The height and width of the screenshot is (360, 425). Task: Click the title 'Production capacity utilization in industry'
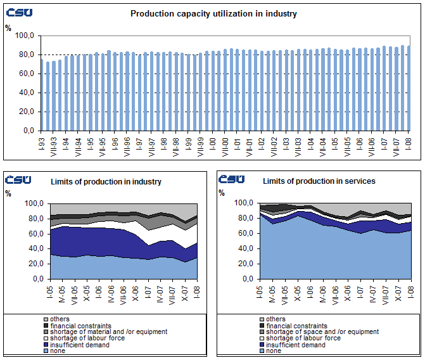[213, 13]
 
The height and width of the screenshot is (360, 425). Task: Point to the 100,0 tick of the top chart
[27, 36]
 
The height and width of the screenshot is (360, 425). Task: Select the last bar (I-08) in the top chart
[409, 88]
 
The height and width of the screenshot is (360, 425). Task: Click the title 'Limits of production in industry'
[106, 182]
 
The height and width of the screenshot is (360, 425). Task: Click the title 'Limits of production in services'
[319, 181]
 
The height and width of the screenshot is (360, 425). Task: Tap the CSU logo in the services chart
[232, 180]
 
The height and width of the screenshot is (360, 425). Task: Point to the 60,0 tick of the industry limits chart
[33, 234]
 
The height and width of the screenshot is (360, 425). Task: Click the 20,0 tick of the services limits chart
[245, 264]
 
